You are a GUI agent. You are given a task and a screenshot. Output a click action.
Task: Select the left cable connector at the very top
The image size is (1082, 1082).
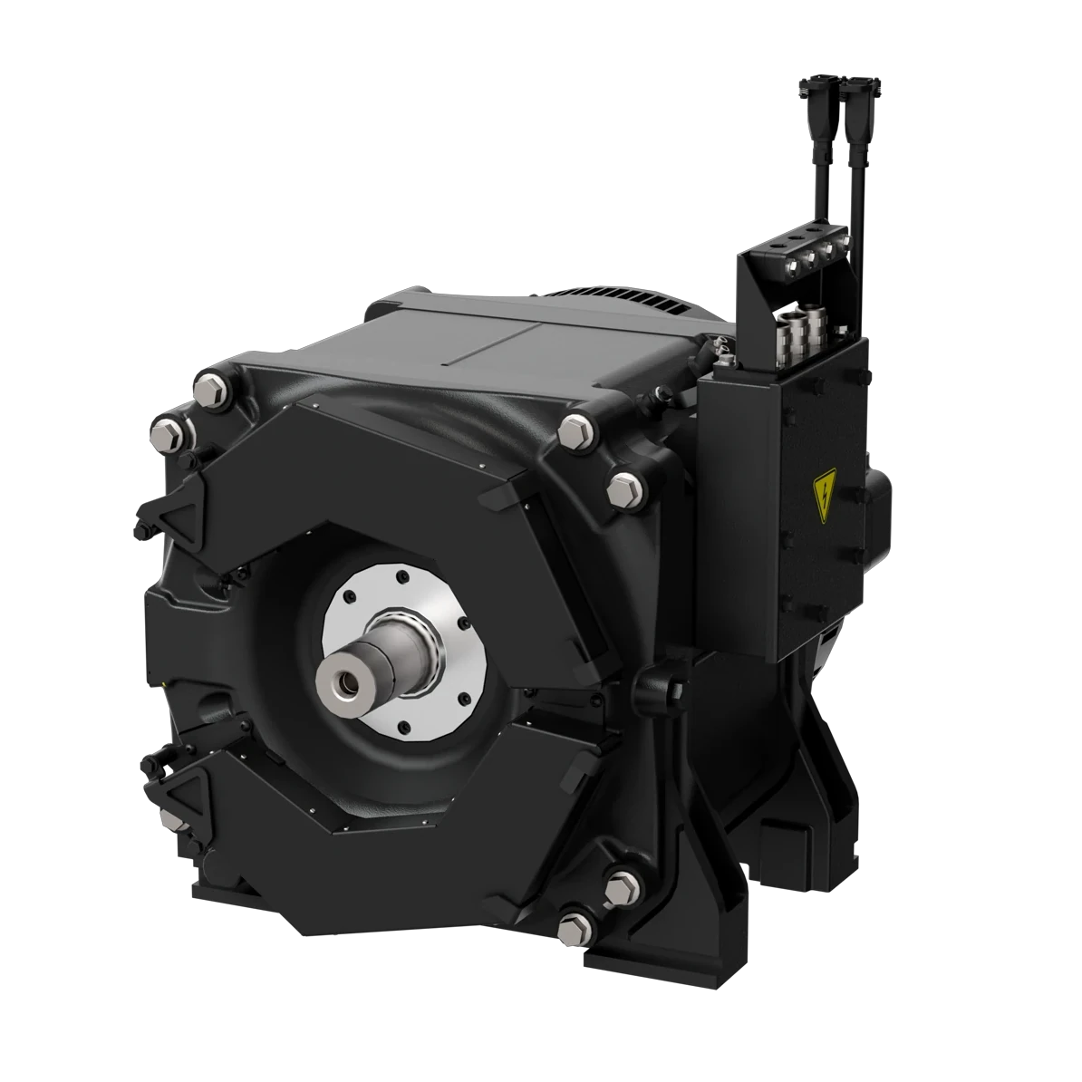pos(808,88)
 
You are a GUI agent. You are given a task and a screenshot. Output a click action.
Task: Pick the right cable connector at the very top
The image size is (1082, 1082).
pos(855,88)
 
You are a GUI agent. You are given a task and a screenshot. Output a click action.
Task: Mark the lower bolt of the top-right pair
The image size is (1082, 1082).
pos(622,488)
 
